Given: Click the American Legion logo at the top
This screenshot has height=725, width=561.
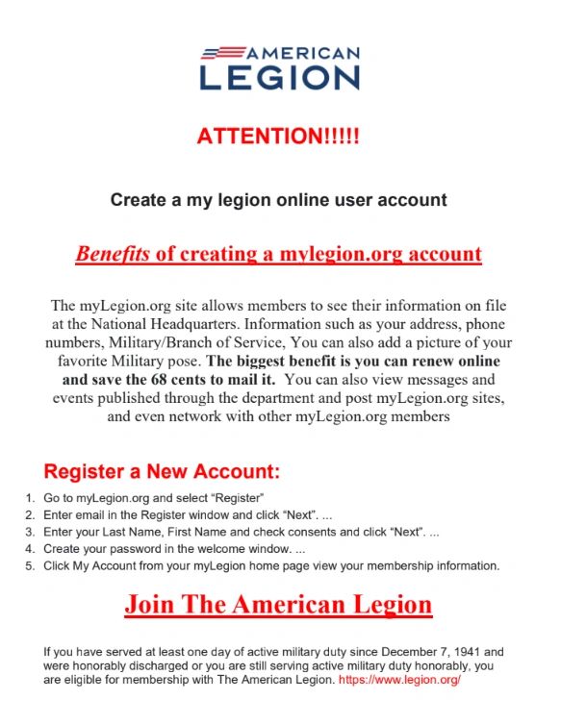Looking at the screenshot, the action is pyautogui.click(x=279, y=67).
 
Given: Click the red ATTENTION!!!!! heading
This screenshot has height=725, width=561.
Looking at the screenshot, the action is pyautogui.click(x=278, y=136).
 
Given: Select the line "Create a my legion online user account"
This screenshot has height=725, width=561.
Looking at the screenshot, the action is pyautogui.click(x=278, y=200).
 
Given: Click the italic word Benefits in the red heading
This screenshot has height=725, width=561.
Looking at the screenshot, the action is pyautogui.click(x=113, y=254).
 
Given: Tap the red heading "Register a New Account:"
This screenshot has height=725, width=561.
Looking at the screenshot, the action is pyautogui.click(x=162, y=472).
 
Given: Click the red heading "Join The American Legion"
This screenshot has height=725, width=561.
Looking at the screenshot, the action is pyautogui.click(x=278, y=605).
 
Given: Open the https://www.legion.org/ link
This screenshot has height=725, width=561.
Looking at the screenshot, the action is pyautogui.click(x=400, y=680).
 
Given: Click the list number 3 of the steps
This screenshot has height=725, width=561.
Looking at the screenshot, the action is pyautogui.click(x=31, y=532).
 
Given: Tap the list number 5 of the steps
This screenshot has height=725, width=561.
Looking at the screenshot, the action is pyautogui.click(x=31, y=566).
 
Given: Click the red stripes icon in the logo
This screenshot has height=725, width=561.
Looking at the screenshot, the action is pyautogui.click(x=222, y=51).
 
